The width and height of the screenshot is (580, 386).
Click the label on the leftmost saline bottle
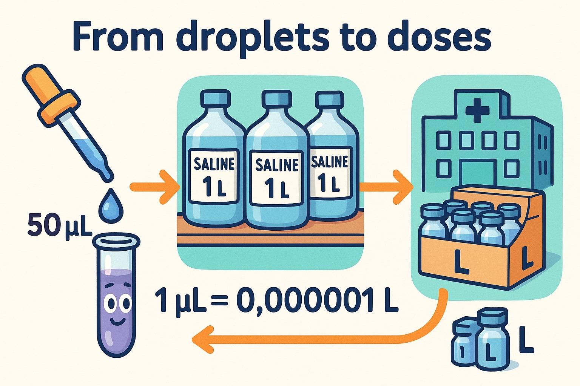coord(214,176)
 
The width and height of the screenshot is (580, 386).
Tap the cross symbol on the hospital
coord(477,110)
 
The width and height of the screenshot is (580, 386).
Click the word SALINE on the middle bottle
coord(277,165)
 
